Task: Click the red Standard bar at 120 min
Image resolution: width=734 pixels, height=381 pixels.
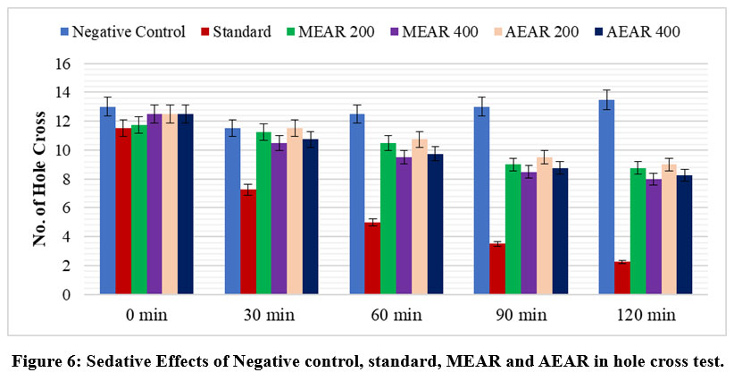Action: pyautogui.click(x=622, y=278)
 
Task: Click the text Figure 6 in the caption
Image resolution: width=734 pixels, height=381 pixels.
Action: pyautogui.click(x=54, y=361)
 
